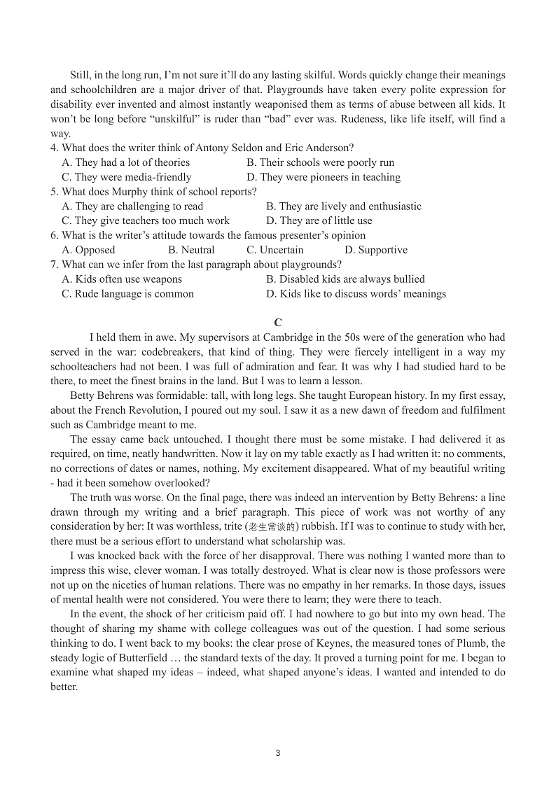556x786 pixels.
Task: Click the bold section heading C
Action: [x=278, y=323]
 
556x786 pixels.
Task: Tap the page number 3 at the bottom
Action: [x=278, y=753]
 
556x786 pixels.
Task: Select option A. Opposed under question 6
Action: [x=88, y=250]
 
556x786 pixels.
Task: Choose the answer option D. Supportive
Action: [x=376, y=250]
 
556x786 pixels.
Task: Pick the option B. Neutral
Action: [x=191, y=250]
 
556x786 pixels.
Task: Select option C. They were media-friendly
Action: [x=126, y=177]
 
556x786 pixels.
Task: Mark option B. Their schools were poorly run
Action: [x=320, y=162]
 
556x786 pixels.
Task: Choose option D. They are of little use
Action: [x=319, y=220]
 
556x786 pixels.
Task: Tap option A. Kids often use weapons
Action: [x=121, y=279]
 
